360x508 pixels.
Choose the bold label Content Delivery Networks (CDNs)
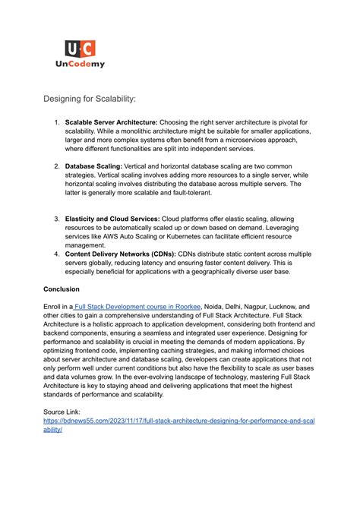(120, 254)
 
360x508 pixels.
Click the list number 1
(56, 121)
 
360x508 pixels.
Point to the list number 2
(56, 165)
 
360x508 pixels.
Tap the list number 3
(56, 219)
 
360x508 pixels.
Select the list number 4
(56, 254)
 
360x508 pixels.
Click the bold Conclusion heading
(65, 289)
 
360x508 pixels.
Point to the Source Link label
(66, 410)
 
